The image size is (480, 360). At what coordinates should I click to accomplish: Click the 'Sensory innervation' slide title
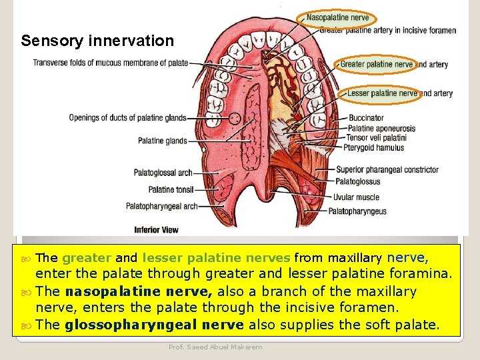(97, 41)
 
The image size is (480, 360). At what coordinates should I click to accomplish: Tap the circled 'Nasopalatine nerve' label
(337, 18)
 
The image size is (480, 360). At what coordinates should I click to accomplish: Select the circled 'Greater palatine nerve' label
(376, 65)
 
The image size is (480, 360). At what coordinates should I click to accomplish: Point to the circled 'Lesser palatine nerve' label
(381, 93)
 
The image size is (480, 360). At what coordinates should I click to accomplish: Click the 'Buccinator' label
(366, 118)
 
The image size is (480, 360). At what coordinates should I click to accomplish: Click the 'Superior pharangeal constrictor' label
(387, 169)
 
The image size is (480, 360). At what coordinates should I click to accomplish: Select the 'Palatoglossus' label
(358, 181)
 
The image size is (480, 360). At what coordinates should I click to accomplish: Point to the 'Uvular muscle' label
(357, 197)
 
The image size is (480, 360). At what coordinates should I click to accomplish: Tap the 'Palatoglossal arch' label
(163, 173)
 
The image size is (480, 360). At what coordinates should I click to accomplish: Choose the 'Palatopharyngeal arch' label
(161, 206)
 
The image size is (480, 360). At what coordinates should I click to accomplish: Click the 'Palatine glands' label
(163, 141)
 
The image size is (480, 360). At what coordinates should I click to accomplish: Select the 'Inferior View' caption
(156, 230)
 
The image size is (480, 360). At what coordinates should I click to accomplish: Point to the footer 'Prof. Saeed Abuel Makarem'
(216, 347)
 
